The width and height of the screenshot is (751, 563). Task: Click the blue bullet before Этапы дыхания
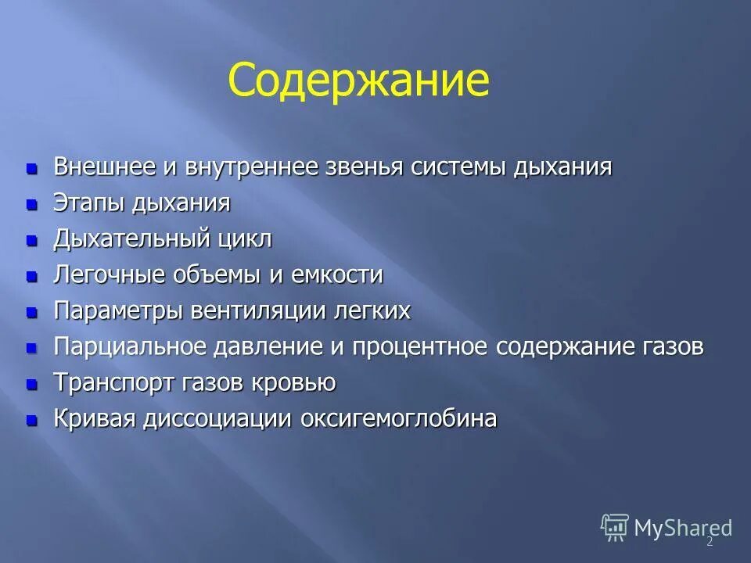pos(32,205)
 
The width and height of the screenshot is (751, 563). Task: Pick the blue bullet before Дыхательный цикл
pos(32,241)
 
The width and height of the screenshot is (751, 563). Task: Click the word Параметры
pos(117,311)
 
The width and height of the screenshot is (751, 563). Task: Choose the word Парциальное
pos(128,347)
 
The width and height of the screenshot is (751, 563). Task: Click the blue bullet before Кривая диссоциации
pos(32,421)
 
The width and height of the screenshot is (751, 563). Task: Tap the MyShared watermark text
pos(682,528)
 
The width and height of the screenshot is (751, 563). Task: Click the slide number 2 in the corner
pos(710,542)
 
